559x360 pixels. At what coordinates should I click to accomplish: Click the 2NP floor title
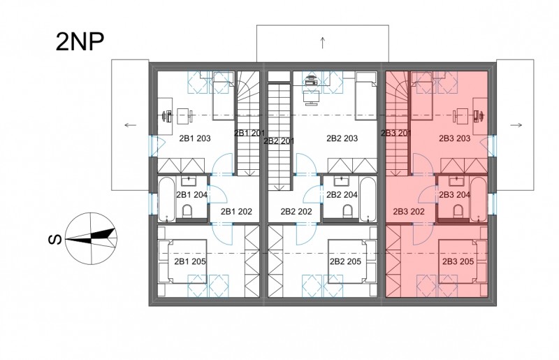click(x=80, y=42)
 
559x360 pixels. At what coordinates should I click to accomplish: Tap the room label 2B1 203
click(x=195, y=138)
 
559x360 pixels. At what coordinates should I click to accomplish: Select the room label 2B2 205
click(x=345, y=261)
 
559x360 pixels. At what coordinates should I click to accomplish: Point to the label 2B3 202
click(x=409, y=212)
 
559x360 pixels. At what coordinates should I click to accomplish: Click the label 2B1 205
click(x=190, y=261)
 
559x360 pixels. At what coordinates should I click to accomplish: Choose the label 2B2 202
click(x=296, y=212)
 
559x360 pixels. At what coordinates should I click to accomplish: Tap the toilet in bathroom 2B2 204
click(x=348, y=211)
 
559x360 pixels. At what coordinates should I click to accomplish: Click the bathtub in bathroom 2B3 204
click(x=478, y=199)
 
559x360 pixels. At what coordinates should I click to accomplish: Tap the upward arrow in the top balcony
click(x=323, y=43)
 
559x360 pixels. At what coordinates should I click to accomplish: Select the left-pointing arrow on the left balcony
click(x=131, y=125)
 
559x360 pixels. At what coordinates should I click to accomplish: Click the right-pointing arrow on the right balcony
click(x=516, y=125)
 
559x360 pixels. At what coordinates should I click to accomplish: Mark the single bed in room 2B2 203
click(x=366, y=96)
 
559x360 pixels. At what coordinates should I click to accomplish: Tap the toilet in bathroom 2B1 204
click(x=187, y=211)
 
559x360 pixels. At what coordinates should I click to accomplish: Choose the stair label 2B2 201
click(x=279, y=141)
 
